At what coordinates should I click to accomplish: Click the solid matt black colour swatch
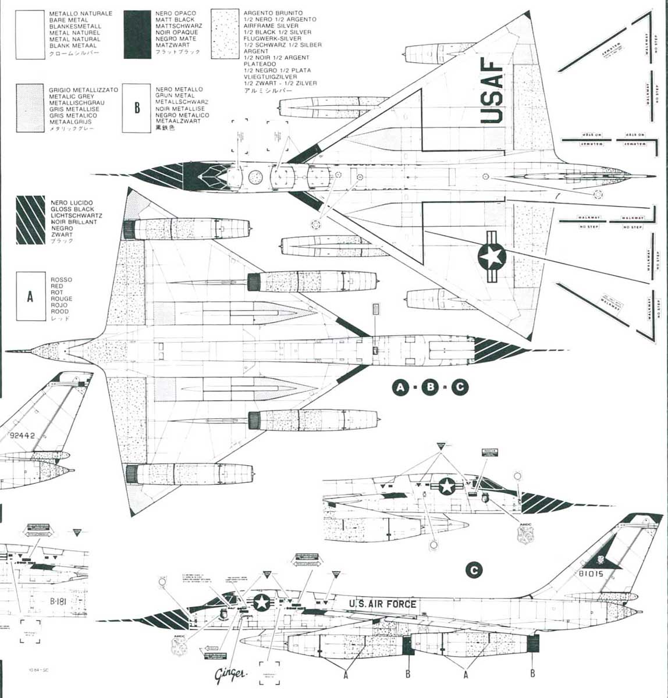pyautogui.click(x=137, y=34)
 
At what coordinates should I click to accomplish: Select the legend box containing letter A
pyautogui.click(x=30, y=297)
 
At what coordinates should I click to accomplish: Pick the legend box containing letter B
pyautogui.click(x=137, y=108)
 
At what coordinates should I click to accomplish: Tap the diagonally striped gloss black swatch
pyautogui.click(x=30, y=220)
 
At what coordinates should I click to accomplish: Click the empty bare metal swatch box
pyautogui.click(x=30, y=34)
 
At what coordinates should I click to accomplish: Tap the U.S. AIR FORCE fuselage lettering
pyautogui.click(x=382, y=604)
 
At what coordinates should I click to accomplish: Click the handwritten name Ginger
pyautogui.click(x=231, y=675)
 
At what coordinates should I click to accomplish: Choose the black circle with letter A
pyautogui.click(x=400, y=387)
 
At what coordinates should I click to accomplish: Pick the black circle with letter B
pyautogui.click(x=430, y=387)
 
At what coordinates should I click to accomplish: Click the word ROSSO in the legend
pyautogui.click(x=61, y=280)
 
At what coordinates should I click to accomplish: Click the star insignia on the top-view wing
pyautogui.click(x=492, y=257)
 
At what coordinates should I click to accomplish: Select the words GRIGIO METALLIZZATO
pyautogui.click(x=83, y=90)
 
